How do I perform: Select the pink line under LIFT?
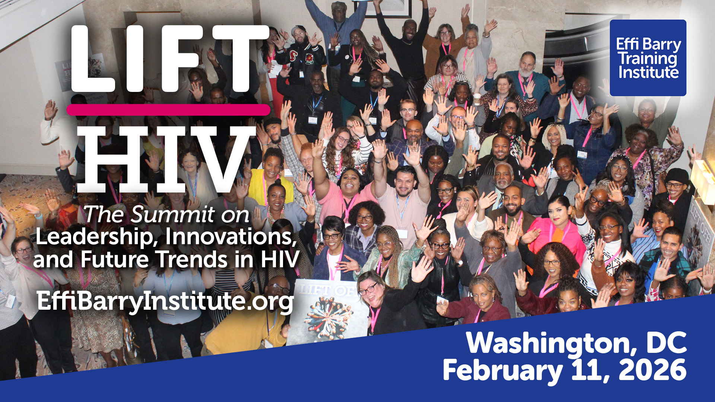click(168, 110)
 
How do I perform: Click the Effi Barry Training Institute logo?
click(648, 58)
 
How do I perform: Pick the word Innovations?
click(231, 237)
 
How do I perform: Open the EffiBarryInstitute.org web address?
click(165, 301)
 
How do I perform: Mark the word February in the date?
click(502, 371)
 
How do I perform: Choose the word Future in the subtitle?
click(115, 259)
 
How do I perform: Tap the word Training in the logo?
click(648, 58)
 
